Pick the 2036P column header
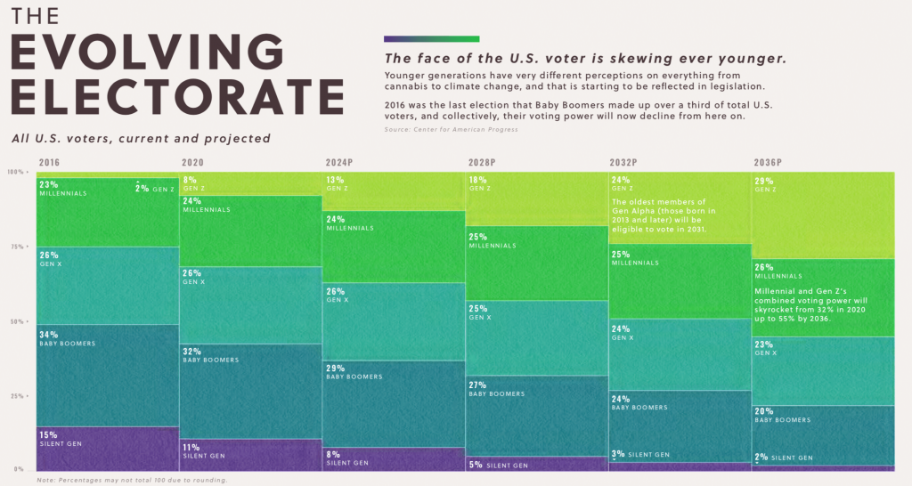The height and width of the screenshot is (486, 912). point(768,163)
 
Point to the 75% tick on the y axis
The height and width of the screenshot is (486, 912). point(19,247)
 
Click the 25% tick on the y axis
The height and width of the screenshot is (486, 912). point(19,396)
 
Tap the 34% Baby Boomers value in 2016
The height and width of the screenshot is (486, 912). point(49,335)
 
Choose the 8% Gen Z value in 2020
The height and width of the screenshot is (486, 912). point(189,180)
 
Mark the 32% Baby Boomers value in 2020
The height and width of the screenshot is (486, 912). point(192,351)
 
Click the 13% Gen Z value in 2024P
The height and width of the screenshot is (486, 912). point(335,180)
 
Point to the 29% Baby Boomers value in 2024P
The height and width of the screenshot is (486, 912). point(335,368)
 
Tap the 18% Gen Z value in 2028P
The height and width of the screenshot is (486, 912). point(477,180)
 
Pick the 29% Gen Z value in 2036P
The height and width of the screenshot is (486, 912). point(763,181)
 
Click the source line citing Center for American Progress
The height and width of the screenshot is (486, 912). point(451,130)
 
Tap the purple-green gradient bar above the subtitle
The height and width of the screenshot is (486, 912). point(431,39)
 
